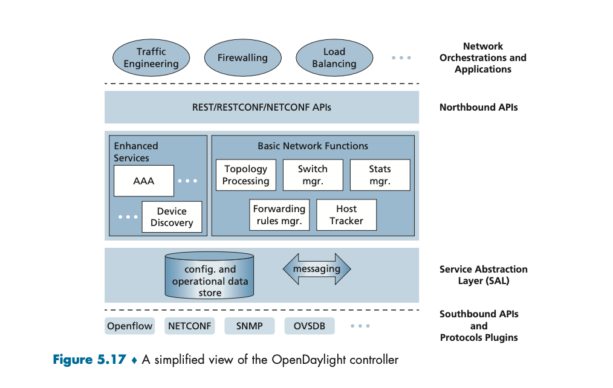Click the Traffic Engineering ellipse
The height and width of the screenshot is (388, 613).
point(151,58)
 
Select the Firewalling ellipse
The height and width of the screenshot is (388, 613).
point(243,58)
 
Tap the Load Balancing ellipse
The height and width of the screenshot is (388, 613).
point(334,58)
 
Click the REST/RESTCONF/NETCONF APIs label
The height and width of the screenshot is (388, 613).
point(262,108)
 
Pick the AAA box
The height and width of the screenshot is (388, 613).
point(144,181)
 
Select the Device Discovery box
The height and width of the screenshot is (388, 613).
point(172,217)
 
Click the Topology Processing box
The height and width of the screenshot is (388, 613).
point(246,175)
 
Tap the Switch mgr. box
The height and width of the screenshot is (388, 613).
point(313,175)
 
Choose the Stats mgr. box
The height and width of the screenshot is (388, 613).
point(380,175)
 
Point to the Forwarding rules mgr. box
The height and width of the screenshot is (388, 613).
point(279,215)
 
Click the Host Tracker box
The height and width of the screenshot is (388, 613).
point(346,215)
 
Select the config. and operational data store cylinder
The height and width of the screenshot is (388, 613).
point(210,276)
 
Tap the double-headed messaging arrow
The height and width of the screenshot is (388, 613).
point(317,269)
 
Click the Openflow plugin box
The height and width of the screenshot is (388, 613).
point(130,326)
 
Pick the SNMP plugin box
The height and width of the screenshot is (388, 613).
point(250,326)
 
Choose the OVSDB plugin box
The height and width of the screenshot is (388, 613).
point(310,326)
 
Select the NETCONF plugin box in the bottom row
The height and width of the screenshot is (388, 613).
point(190,326)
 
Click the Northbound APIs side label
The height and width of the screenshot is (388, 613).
point(479,108)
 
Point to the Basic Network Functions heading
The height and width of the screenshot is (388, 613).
point(313,146)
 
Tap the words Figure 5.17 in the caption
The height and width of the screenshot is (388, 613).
point(89,360)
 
